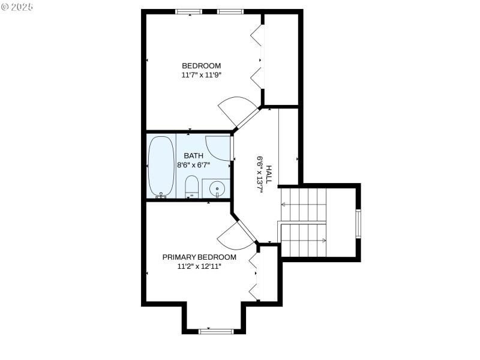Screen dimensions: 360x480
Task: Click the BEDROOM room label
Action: click(x=202, y=66)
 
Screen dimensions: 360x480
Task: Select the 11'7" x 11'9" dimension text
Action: click(x=202, y=76)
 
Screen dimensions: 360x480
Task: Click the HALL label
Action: click(x=269, y=174)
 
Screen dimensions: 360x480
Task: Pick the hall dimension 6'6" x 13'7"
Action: click(x=260, y=174)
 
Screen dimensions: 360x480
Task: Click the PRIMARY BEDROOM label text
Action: click(x=199, y=257)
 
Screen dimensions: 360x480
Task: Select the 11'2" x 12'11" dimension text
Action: click(x=199, y=266)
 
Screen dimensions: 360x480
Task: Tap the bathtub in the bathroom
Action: click(x=161, y=166)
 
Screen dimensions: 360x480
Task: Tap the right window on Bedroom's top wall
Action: click(x=230, y=11)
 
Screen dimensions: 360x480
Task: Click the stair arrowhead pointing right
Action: click(x=324, y=241)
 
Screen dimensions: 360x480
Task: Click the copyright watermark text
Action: click(x=18, y=7)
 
